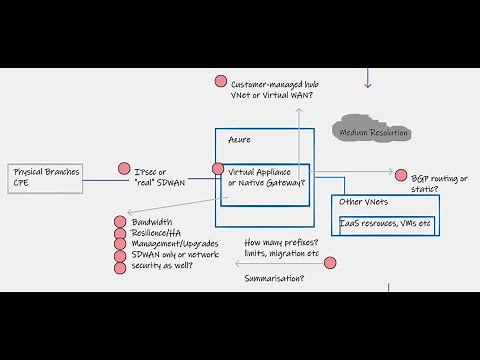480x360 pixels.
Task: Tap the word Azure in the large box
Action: [x=241, y=140]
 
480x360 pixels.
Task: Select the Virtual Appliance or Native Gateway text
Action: [x=266, y=176]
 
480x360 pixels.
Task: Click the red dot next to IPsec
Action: [x=125, y=169]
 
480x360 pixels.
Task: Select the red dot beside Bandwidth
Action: [x=119, y=221]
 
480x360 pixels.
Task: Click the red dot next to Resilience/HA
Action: [x=119, y=232]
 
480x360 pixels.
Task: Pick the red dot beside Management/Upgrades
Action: [x=119, y=243]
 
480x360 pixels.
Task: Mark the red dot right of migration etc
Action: [x=330, y=262]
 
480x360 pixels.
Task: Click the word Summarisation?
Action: [x=274, y=279]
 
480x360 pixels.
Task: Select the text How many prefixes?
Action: [x=283, y=243]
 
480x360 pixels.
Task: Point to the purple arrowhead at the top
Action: [x=368, y=83]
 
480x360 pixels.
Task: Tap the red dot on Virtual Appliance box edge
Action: [x=218, y=169]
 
